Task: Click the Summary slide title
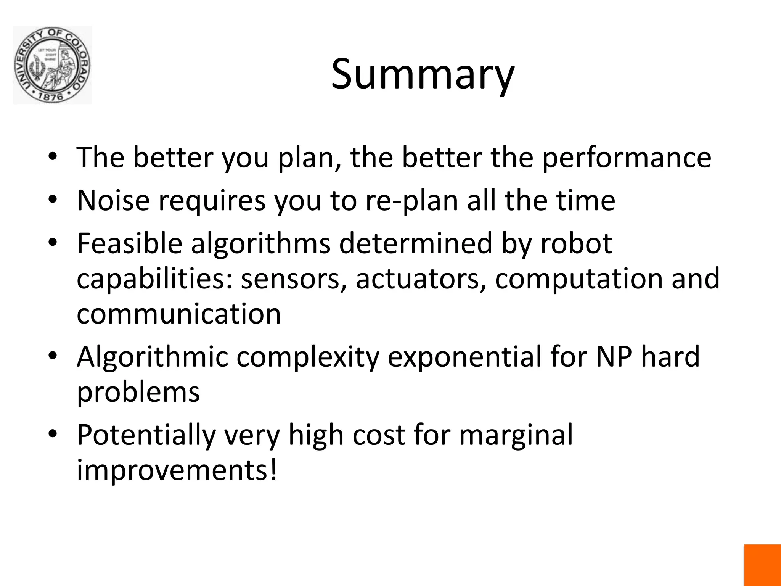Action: point(423,74)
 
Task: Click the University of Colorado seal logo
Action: point(52,65)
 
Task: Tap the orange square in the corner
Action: point(762,565)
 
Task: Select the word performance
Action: point(627,158)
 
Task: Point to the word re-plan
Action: point(412,201)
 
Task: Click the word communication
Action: point(178,314)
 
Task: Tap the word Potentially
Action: point(146,435)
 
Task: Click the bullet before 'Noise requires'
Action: point(53,201)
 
